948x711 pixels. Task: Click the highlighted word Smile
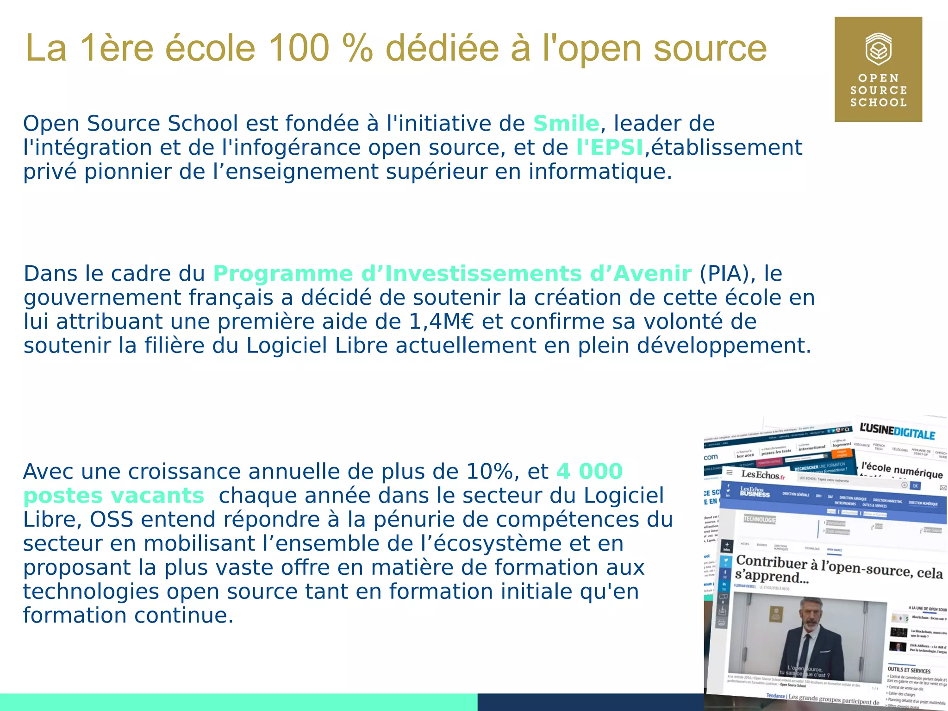566,124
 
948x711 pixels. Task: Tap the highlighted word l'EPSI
610,148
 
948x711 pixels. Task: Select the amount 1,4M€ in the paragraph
442,322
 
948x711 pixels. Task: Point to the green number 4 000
589,472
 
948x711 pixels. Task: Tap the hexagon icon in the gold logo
878,49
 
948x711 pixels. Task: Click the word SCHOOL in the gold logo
878,102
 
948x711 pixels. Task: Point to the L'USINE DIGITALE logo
897,432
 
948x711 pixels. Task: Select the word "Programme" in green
283,274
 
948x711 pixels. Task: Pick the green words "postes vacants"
113,496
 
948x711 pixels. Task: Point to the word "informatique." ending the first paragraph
600,172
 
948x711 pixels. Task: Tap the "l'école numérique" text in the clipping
902,470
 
